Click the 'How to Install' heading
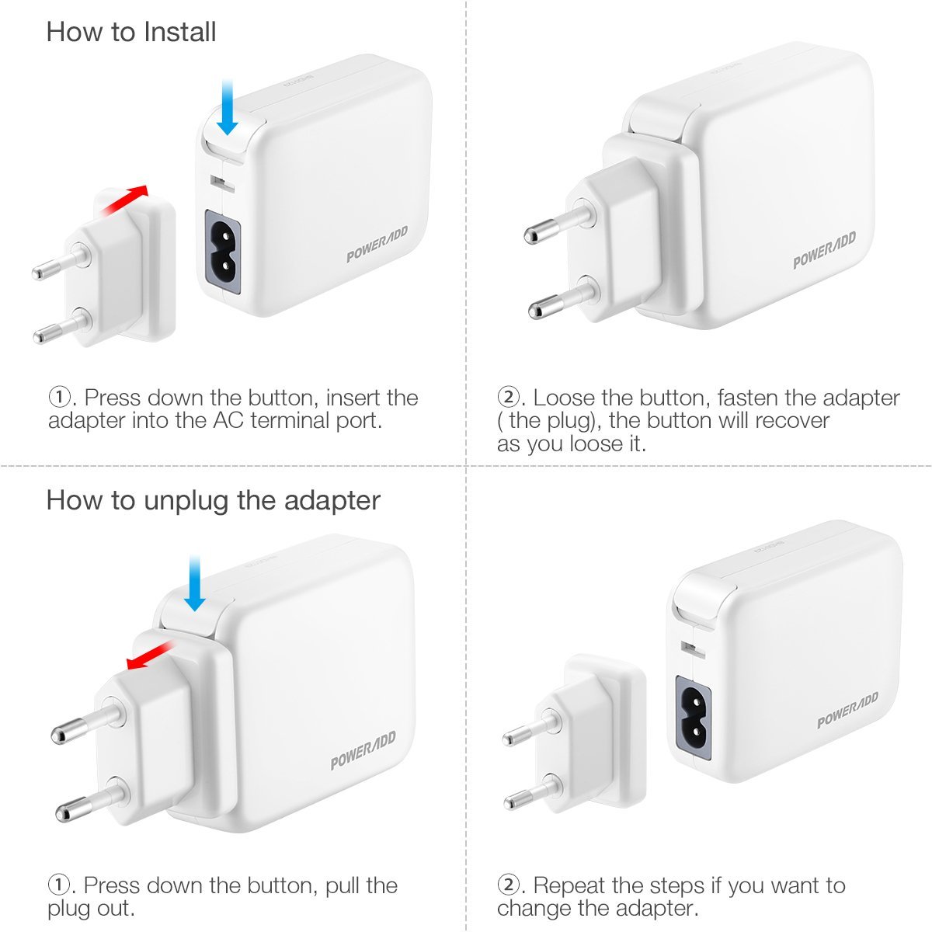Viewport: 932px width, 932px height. pyautogui.click(x=131, y=33)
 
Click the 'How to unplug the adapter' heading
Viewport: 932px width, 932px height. pyautogui.click(x=214, y=501)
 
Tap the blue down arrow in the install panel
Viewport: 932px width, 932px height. pyautogui.click(x=227, y=107)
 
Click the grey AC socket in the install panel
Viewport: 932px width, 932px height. pyautogui.click(x=223, y=252)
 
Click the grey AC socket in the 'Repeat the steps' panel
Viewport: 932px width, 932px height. pyautogui.click(x=694, y=718)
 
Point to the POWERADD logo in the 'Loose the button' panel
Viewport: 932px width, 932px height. pyautogui.click(x=824, y=249)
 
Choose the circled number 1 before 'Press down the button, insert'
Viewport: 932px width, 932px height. pyautogui.click(x=60, y=398)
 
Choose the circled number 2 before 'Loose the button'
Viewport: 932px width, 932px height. pyautogui.click(x=508, y=398)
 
